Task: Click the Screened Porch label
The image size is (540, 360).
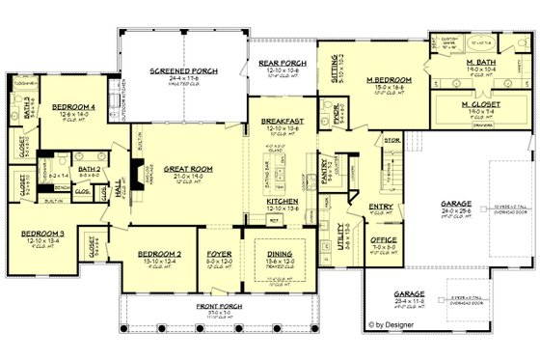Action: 176,70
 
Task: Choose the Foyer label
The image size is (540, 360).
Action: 218,255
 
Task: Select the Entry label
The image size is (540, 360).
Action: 380,207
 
